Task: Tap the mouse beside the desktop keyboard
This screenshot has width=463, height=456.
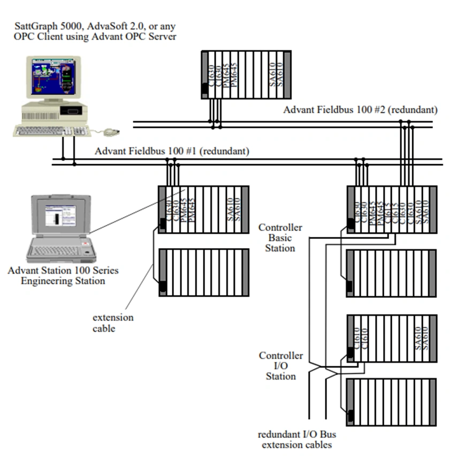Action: pyautogui.click(x=111, y=132)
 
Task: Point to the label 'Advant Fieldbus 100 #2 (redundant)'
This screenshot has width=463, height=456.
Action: pyautogui.click(x=360, y=110)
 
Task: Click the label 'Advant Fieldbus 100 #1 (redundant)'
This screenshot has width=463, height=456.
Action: pyautogui.click(x=172, y=151)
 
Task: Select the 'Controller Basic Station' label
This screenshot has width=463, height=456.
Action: pyautogui.click(x=280, y=238)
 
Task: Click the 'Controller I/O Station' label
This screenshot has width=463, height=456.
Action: pyautogui.click(x=280, y=366)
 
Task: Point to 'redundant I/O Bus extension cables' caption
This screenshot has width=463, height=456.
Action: pyautogui.click(x=297, y=439)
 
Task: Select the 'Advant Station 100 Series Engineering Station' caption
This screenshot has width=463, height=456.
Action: pyautogui.click(x=63, y=275)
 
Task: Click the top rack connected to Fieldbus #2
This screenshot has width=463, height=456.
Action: pyautogui.click(x=246, y=75)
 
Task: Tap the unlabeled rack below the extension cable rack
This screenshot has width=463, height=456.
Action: pyautogui.click(x=203, y=273)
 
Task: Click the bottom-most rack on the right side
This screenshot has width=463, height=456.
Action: pyautogui.click(x=391, y=402)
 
